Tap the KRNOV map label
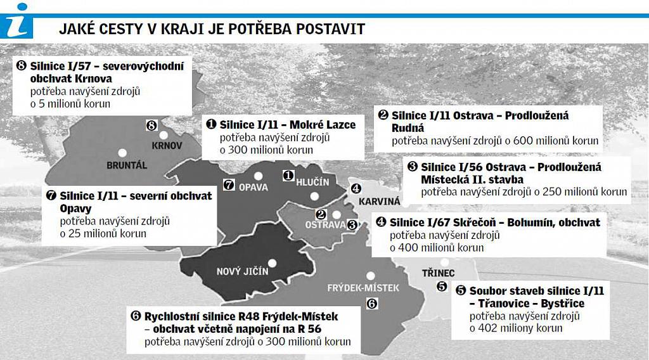coord(167,145)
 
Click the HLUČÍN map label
coord(313,183)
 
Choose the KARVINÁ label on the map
coord(380,202)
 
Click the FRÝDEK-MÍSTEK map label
coord(363,288)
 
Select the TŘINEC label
coord(437,273)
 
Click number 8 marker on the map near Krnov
coord(151,125)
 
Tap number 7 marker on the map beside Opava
coord(229,185)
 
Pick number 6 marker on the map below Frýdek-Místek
coord(372,303)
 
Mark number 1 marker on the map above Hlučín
coord(288,174)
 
